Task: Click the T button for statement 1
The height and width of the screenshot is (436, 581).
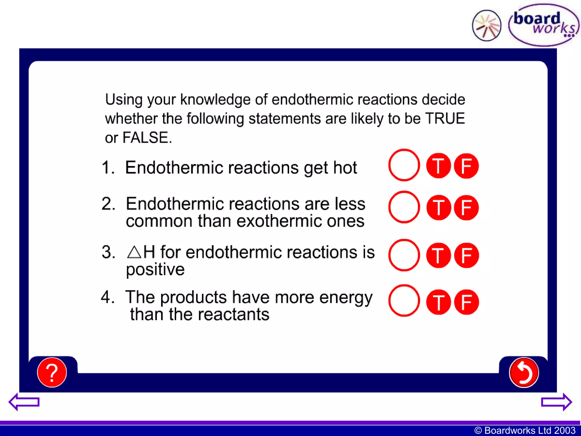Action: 438,166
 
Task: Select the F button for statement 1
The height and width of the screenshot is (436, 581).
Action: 466,166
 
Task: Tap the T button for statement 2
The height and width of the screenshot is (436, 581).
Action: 438,207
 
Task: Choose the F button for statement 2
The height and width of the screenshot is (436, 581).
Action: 466,207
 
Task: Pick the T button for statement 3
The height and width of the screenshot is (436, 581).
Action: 438,255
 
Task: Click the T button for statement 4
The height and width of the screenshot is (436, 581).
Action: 438,302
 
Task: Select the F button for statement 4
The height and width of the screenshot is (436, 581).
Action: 466,302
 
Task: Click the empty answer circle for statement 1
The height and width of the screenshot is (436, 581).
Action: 404,165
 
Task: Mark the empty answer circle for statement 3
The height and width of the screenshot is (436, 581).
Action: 404,255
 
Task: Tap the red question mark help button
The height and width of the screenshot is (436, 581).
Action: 52,372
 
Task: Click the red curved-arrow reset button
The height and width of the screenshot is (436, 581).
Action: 524,372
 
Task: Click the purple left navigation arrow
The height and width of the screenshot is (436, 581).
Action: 24,402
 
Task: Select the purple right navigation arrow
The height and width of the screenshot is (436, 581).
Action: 556,402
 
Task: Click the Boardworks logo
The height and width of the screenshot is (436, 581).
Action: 544,25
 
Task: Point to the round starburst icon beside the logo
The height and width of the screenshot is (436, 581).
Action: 487,26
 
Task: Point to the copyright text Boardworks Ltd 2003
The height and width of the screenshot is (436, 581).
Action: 525,430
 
